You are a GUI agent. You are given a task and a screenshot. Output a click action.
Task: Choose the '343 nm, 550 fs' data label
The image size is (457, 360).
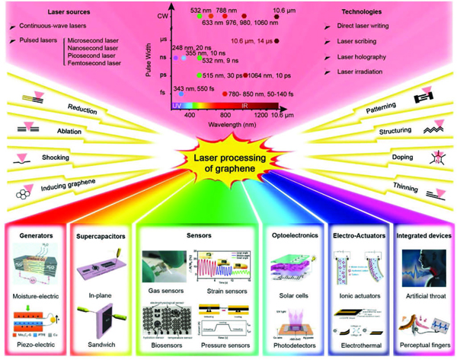(x=195, y=88)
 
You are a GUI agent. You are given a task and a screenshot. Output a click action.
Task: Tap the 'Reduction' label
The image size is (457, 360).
(x=79, y=107)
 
